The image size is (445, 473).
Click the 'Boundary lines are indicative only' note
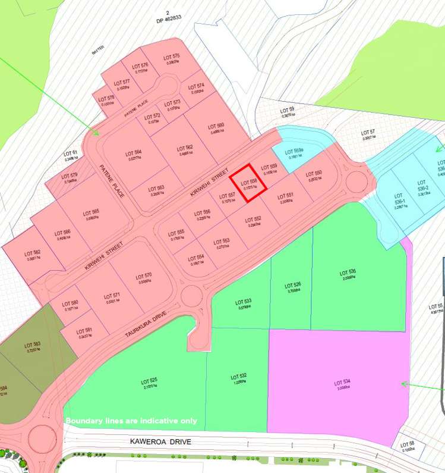tap(131, 421)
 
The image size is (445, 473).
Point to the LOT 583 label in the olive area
tap(33, 347)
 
